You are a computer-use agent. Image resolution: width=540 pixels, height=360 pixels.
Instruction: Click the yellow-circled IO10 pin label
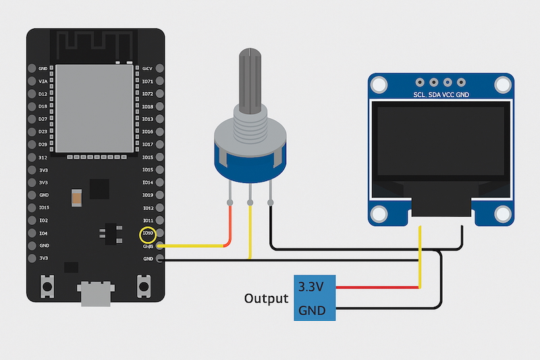point(147,234)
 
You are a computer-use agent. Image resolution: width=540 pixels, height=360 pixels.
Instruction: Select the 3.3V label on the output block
point(310,287)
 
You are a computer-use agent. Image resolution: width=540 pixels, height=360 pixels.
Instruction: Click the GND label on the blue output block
point(311,310)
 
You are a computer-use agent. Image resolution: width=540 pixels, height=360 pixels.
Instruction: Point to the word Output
point(266,299)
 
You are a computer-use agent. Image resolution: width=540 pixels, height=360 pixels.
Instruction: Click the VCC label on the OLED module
point(448,96)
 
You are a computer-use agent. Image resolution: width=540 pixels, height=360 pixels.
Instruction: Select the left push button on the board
point(48,286)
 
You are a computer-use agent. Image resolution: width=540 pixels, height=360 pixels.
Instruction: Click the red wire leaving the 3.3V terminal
point(378,288)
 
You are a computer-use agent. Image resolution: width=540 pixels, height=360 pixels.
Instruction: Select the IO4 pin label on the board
point(43,233)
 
